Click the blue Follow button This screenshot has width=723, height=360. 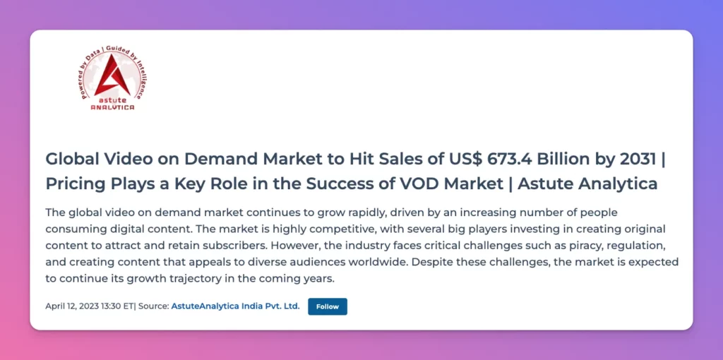328,306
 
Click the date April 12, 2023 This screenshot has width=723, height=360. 72,306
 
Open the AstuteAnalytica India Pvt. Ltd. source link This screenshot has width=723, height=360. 236,306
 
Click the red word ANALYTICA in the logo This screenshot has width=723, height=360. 112,107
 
